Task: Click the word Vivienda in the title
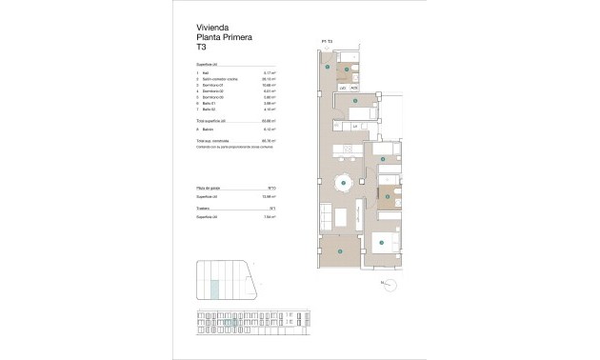point(210,27)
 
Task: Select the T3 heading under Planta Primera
point(201,48)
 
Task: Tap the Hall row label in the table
point(205,72)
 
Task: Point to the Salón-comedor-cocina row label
point(220,79)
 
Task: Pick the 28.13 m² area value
point(270,79)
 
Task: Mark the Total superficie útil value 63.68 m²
point(270,121)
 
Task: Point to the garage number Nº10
point(271,189)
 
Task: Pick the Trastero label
point(204,208)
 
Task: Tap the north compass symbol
point(385,283)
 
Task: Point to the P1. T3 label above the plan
point(327,41)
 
